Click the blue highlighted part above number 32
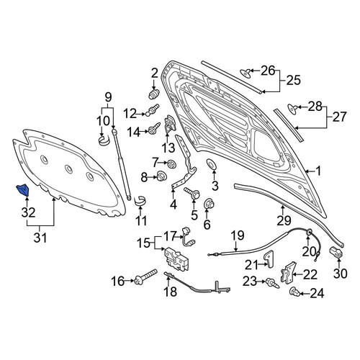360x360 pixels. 22,190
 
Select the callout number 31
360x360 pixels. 40,238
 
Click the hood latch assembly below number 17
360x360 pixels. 176,258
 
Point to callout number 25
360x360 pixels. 293,80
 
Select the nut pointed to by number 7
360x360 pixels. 172,163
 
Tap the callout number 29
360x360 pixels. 284,220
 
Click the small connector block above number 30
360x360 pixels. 336,252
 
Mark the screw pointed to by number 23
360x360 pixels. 272,283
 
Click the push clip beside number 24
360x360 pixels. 294,292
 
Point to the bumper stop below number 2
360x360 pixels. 154,94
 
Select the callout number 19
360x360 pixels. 238,235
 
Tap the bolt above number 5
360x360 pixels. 192,193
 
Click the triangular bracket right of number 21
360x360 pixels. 269,258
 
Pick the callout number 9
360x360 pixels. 108,97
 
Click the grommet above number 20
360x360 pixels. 309,233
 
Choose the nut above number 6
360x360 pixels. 208,204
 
